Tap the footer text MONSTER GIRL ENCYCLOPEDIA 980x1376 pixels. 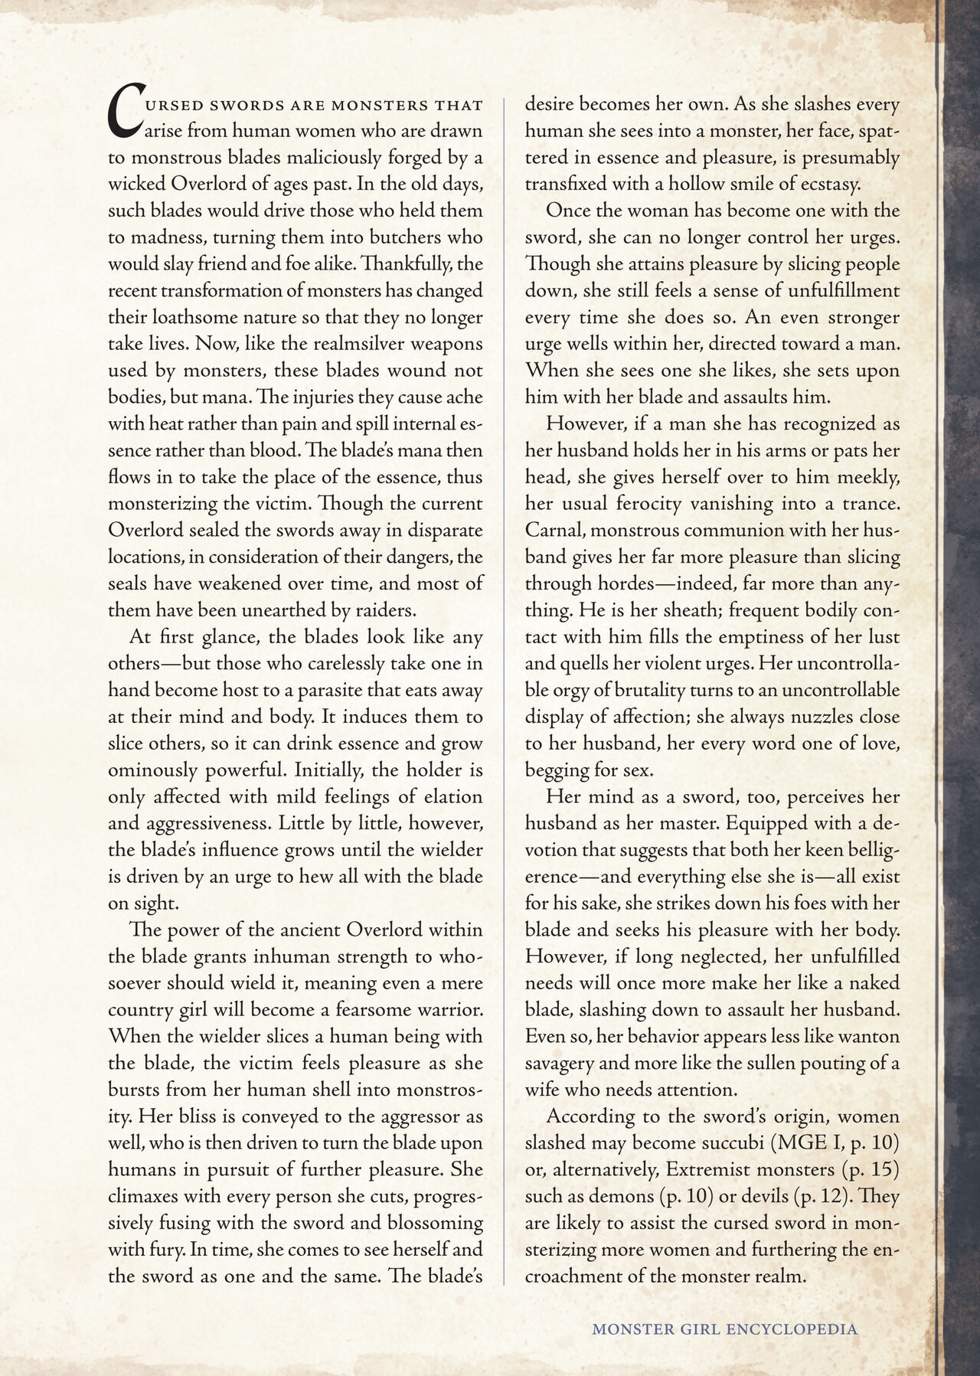(724, 1329)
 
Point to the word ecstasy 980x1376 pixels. (828, 185)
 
